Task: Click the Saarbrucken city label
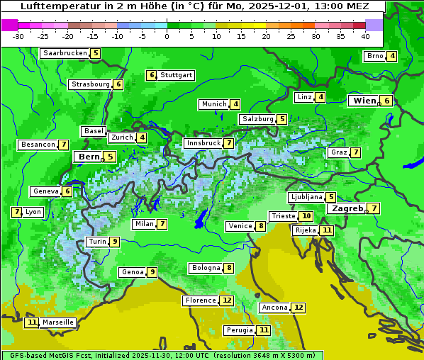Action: click(65, 53)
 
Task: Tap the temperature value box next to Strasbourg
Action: click(118, 84)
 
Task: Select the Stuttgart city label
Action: click(176, 75)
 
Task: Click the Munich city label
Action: click(213, 104)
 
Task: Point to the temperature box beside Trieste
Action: click(306, 216)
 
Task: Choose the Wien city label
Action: click(364, 101)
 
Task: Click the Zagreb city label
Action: click(347, 208)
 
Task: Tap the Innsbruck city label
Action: click(203, 143)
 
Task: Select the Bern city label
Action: click(89, 157)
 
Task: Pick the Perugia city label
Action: click(239, 330)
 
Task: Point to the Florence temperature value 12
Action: click(226, 300)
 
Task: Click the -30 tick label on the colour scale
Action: click(18, 36)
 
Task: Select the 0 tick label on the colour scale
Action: click(167, 36)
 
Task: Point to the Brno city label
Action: click(374, 56)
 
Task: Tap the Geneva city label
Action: click(45, 191)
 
